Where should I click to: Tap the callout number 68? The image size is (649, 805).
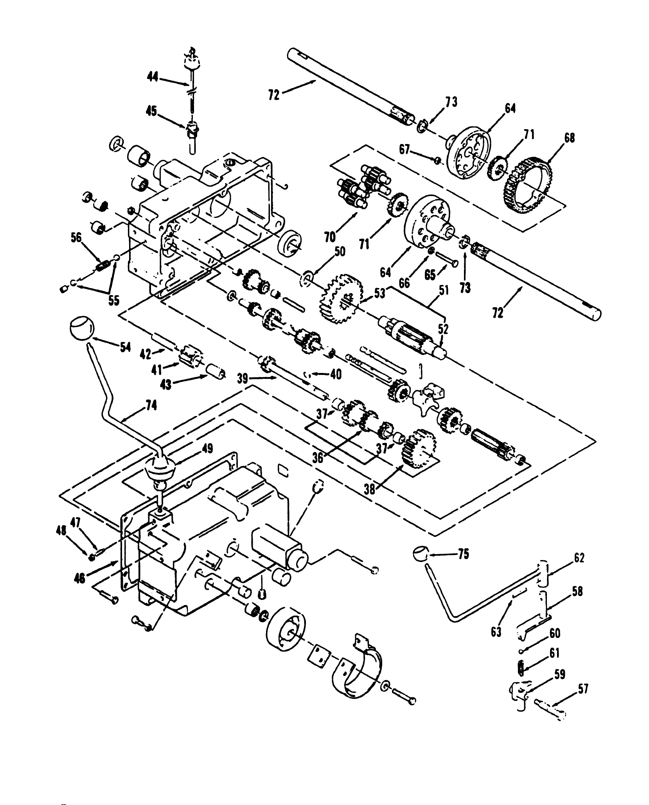569,138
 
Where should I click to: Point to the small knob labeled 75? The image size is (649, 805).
420,554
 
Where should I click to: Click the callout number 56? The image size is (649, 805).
76,238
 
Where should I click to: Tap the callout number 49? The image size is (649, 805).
207,449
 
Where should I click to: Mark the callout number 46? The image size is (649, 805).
79,579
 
